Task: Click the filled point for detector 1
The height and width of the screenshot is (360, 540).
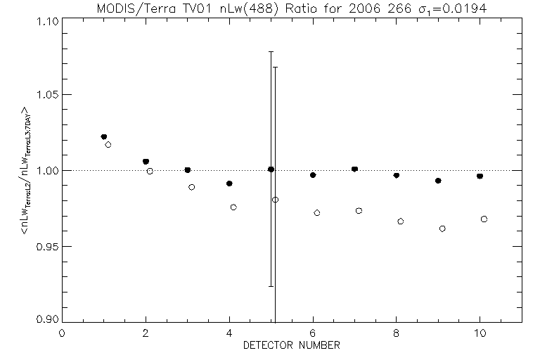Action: point(104,136)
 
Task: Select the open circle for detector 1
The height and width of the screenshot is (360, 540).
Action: point(108,145)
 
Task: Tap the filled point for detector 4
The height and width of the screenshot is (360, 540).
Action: point(229,184)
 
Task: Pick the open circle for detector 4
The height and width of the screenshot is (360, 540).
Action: point(233,207)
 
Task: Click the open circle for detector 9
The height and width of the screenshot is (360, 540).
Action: point(442,229)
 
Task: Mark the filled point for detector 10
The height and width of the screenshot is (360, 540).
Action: point(480,176)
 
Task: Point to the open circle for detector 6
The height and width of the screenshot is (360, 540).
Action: point(317,212)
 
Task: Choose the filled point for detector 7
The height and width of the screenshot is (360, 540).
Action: point(354,169)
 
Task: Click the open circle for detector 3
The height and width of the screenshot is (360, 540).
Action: point(191,187)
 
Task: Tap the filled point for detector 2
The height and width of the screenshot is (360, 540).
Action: point(146,162)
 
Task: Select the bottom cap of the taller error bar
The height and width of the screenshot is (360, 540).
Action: point(271,286)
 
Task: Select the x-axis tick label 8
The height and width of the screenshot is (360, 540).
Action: point(397,333)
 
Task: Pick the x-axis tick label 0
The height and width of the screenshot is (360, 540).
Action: point(62,333)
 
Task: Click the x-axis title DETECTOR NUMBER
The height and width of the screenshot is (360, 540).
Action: point(292,345)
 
